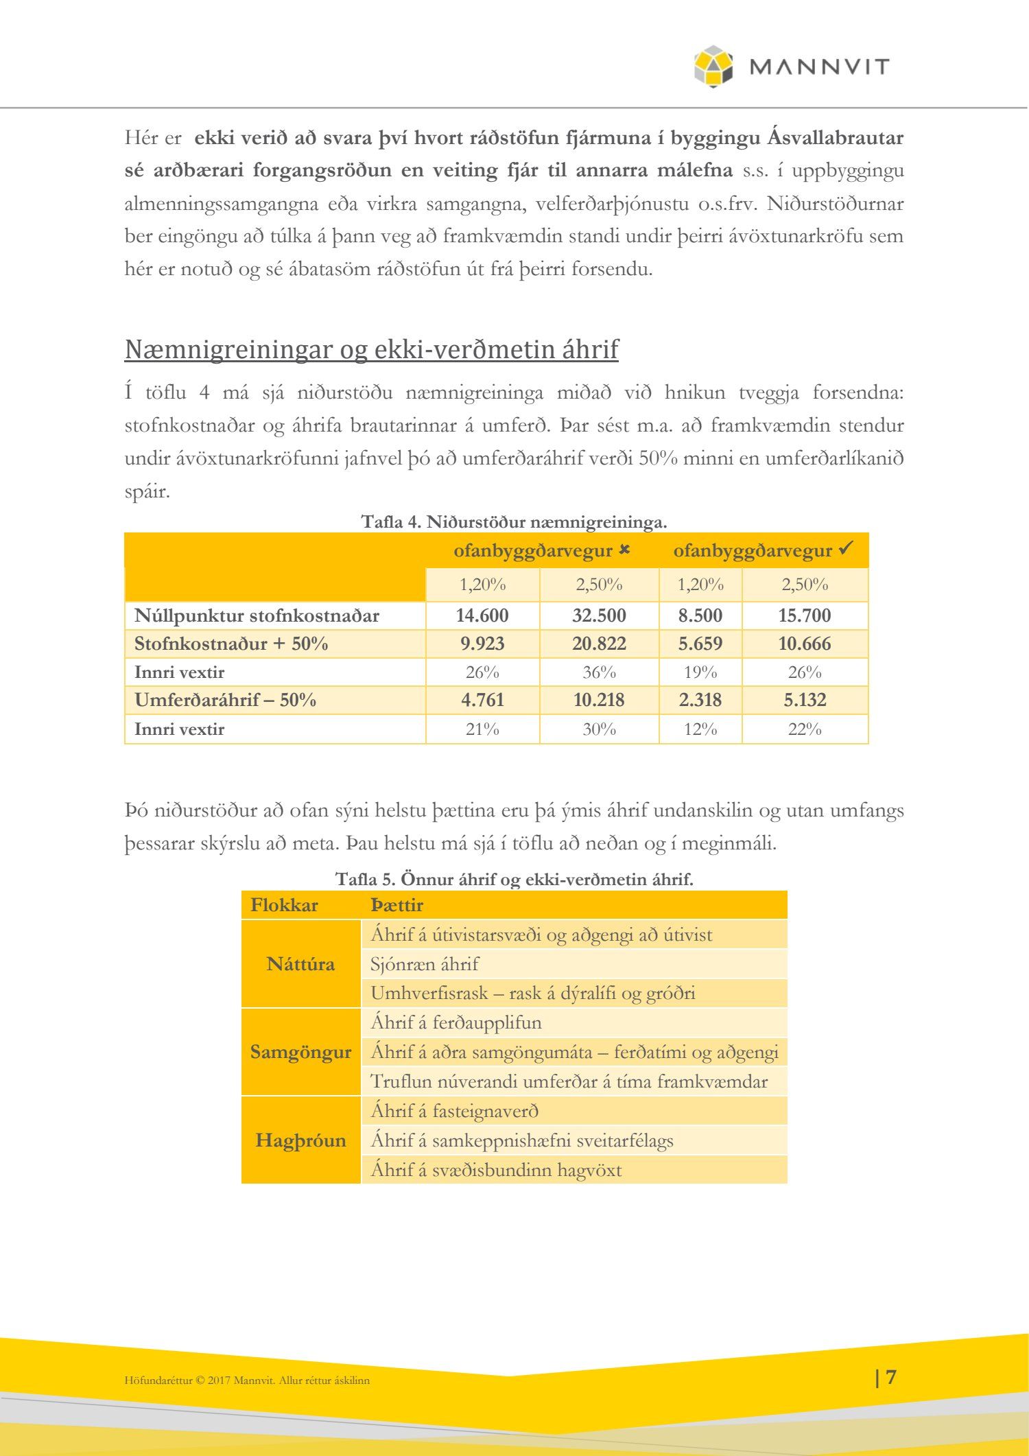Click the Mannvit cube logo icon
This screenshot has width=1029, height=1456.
pos(713,67)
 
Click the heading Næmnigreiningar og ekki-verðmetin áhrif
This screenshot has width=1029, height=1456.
pos(371,349)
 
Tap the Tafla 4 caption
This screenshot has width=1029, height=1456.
pos(514,522)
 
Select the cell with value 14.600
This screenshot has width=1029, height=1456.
pos(482,615)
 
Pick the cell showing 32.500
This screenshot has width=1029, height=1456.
pos(599,615)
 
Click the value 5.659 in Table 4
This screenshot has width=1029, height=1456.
pos(700,644)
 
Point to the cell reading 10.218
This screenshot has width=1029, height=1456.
pos(599,700)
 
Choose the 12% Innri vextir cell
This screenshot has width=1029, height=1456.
pos(700,729)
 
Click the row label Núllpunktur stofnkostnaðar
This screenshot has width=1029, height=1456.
pos(257,615)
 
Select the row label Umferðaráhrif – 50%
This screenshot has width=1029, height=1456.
pos(225,700)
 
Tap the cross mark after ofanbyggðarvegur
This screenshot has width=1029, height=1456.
pos(624,550)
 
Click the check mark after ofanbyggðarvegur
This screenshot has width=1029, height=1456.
pos(847,548)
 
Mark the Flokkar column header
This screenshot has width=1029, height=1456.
pos(284,905)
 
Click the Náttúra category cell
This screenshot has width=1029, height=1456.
pos(300,964)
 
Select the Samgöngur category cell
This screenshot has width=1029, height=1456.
pos(300,1052)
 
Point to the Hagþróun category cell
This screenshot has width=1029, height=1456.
pos(300,1140)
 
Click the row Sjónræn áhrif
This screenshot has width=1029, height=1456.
pos(425,964)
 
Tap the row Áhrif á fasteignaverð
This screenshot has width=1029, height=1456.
pos(454,1111)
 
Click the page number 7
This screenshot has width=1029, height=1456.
pos(890,1377)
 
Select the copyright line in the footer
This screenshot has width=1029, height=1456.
pos(247,1381)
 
